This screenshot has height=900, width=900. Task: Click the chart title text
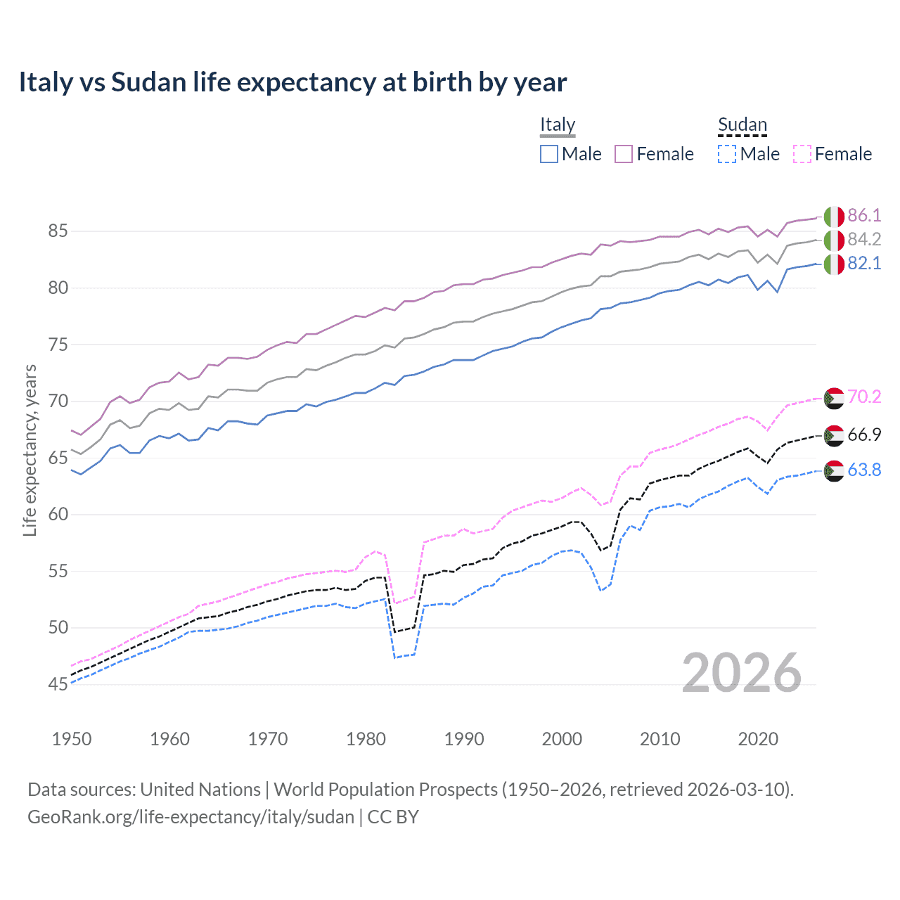click(x=292, y=82)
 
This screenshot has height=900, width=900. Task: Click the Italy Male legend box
click(x=549, y=154)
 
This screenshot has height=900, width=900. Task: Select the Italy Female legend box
click(x=624, y=154)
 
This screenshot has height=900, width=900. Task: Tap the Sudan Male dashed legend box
click(x=727, y=154)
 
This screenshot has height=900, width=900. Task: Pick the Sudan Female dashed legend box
click(x=802, y=154)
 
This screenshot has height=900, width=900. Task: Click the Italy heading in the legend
click(x=558, y=124)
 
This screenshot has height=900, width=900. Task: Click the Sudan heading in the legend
click(x=742, y=124)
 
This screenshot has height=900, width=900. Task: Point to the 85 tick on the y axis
click(x=58, y=231)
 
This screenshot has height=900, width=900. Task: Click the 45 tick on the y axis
click(x=58, y=684)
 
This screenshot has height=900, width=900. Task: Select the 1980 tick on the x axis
click(x=366, y=739)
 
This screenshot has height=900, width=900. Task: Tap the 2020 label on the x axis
click(x=758, y=739)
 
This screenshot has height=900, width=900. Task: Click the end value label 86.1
click(x=864, y=215)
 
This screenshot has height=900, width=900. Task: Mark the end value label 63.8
click(x=864, y=470)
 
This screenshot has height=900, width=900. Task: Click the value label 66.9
click(x=864, y=435)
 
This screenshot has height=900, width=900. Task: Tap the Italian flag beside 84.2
click(x=834, y=240)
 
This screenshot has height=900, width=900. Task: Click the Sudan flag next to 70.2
click(x=834, y=398)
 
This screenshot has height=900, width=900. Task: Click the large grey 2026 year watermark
click(x=742, y=673)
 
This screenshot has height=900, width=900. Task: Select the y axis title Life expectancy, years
click(x=30, y=450)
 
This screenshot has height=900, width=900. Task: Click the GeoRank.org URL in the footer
click(x=191, y=817)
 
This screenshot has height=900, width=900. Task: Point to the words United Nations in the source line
click(x=200, y=790)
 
